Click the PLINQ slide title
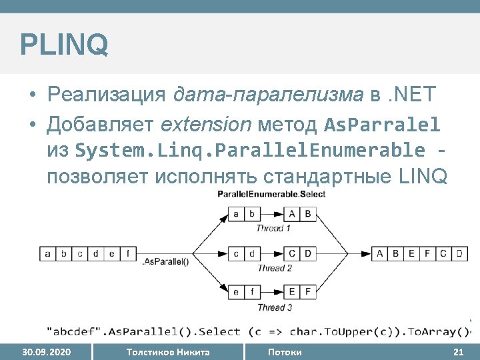click(64, 45)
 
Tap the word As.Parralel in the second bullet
click(382, 124)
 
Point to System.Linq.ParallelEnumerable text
click(250, 151)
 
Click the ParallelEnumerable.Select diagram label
click(271, 194)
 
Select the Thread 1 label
click(273, 228)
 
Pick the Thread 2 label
click(275, 268)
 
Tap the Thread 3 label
click(275, 307)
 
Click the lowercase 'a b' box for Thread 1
click(243, 214)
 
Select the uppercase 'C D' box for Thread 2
click(300, 253)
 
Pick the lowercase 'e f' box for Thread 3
click(243, 292)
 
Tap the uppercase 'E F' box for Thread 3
click(300, 292)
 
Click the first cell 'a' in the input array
click(48, 253)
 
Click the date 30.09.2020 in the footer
click(47, 352)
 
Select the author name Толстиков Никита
click(167, 352)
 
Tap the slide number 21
click(458, 352)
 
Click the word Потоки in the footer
click(285, 352)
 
